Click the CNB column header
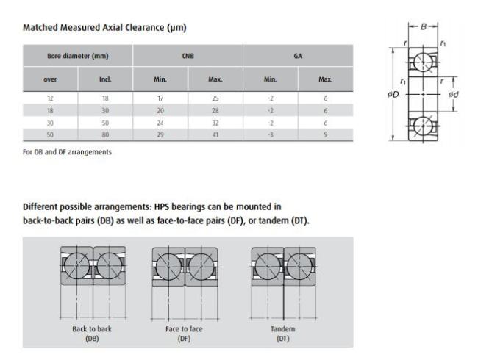click(188, 56)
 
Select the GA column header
click(298, 56)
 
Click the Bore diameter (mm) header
click(78, 56)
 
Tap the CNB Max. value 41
click(215, 134)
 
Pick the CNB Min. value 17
click(160, 98)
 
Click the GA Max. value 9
click(326, 134)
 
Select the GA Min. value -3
click(271, 134)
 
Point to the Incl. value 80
click(105, 134)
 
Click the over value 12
click(50, 98)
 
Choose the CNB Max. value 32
click(215, 123)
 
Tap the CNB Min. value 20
click(160, 110)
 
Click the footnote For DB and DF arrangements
click(67, 152)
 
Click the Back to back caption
click(92, 329)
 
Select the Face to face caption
click(184, 329)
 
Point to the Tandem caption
click(283, 329)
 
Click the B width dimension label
click(424, 26)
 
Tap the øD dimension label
click(393, 95)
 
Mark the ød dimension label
click(453, 95)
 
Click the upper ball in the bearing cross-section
click(423, 62)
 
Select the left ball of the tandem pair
click(268, 267)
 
